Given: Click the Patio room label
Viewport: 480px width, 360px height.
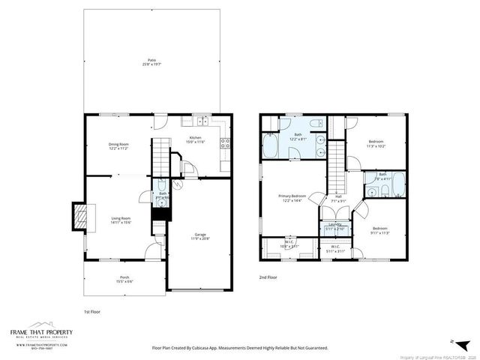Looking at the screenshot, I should coord(151,62).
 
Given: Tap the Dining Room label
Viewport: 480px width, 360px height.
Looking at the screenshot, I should coord(119,146).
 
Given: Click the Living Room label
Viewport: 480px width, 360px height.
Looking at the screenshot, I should coord(121,220).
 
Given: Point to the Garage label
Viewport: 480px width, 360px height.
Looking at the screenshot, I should coord(199,235).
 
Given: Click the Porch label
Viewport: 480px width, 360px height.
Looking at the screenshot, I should coord(124,279).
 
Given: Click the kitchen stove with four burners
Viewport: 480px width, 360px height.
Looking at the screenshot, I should coord(223,142).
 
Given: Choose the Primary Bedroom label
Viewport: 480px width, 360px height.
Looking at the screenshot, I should coord(291,197).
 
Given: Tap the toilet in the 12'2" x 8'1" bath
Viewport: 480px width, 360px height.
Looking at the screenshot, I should coord(316,123).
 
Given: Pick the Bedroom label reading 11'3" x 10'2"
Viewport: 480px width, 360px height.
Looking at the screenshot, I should coord(376,143).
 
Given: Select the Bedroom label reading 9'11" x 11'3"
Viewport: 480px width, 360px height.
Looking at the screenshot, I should coord(380,230).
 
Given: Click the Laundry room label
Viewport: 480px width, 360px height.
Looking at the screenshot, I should coord(334,226).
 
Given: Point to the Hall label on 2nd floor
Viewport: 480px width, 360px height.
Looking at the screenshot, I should coord(338,199).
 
